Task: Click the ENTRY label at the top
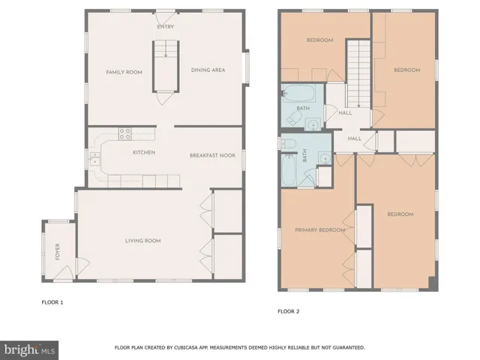(x=164, y=26)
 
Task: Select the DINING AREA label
(x=208, y=71)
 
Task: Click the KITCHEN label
(x=144, y=153)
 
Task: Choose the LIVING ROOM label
(x=142, y=241)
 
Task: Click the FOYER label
(x=58, y=252)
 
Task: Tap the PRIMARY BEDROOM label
(x=319, y=230)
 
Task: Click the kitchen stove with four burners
(x=125, y=134)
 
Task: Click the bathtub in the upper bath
(x=301, y=94)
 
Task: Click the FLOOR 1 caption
(x=52, y=302)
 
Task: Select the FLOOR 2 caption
(x=289, y=310)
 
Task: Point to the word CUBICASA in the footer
(x=193, y=348)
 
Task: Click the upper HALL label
(x=345, y=113)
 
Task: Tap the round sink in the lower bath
(x=322, y=157)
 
